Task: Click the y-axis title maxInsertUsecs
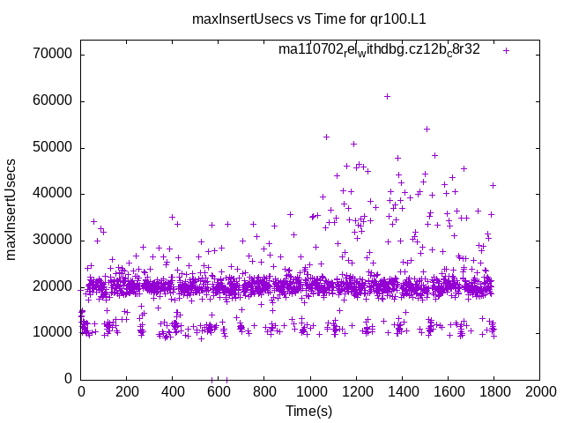[x=12, y=210]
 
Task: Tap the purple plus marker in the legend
[x=506, y=50]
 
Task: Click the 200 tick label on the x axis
[x=127, y=392]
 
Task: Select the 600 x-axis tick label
[x=219, y=392]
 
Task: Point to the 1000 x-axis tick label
[x=310, y=392]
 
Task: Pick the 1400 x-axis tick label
[x=402, y=392]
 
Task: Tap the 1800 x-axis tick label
[x=493, y=392]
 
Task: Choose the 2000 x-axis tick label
[x=539, y=392]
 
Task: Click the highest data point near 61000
[x=387, y=96]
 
